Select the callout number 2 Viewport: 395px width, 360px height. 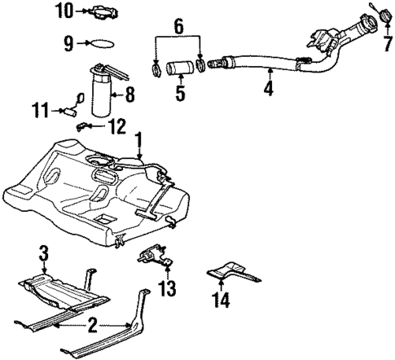pos(91,327)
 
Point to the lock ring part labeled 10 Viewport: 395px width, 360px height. pos(102,11)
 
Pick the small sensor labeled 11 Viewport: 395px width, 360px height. pos(79,102)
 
